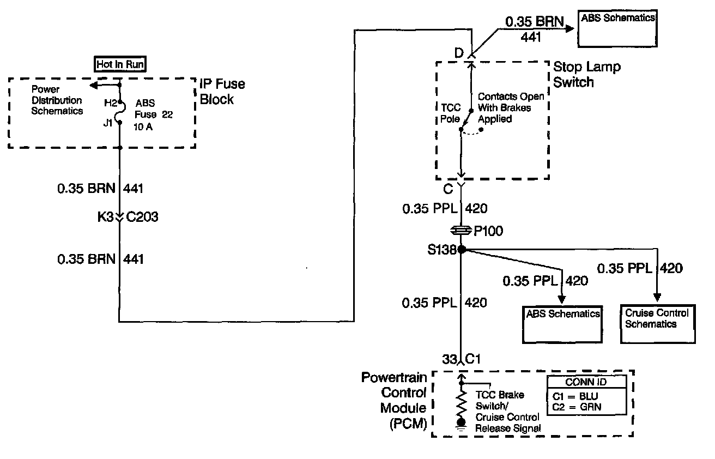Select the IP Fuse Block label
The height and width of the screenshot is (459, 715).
222,92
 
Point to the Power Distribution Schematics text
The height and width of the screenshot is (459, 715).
57,100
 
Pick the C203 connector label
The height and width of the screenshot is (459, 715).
142,217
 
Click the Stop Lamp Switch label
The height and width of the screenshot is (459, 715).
586,75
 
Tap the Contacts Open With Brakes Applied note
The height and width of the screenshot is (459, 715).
511,107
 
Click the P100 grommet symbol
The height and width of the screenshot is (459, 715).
461,232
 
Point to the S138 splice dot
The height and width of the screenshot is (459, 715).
461,250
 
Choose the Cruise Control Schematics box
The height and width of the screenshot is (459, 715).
657,324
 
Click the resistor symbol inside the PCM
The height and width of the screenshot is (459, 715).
461,403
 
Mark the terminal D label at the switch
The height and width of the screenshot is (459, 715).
458,52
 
